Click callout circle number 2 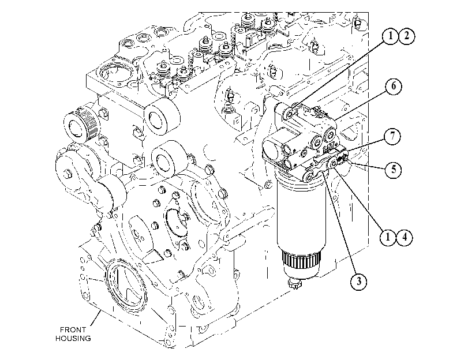click(406, 36)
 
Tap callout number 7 click(392, 136)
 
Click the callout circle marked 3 click(358, 281)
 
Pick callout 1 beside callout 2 click(390, 36)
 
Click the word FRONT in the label click(73, 330)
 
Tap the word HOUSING click(73, 339)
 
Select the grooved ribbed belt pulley click(81, 125)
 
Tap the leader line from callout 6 click(360, 105)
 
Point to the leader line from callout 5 click(366, 165)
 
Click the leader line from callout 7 click(365, 145)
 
